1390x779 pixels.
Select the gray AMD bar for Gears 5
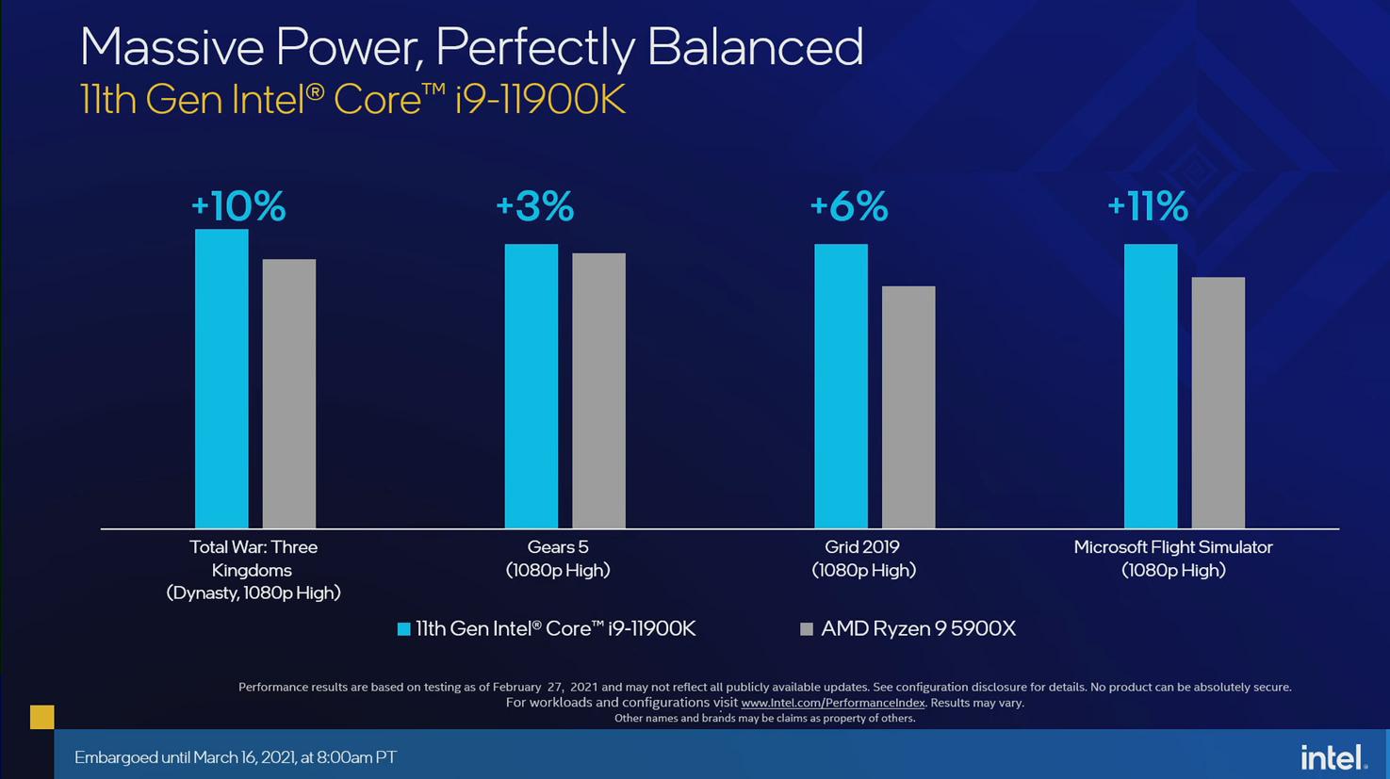pyautogui.click(x=598, y=391)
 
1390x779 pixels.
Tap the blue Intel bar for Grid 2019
pyautogui.click(x=841, y=386)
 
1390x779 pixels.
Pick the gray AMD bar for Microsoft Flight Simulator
pyautogui.click(x=1218, y=402)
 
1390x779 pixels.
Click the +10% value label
pyautogui.click(x=238, y=206)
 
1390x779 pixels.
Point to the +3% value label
pyautogui.click(x=534, y=206)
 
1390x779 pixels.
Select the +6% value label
pyautogui.click(x=848, y=206)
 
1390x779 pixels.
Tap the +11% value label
pyautogui.click(x=1147, y=206)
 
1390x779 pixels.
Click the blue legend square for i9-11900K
pyautogui.click(x=404, y=629)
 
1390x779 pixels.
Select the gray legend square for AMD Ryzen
pyautogui.click(x=807, y=629)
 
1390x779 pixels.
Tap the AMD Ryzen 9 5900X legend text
pyautogui.click(x=918, y=629)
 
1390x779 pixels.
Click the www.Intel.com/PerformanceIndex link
pyautogui.click(x=833, y=703)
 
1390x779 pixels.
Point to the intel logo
pyautogui.click(x=1333, y=756)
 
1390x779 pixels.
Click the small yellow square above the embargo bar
pyautogui.click(x=42, y=717)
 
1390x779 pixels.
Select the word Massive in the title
pyautogui.click(x=170, y=47)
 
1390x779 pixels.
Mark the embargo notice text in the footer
pyautogui.click(x=236, y=757)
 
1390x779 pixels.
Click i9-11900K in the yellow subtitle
pyautogui.click(x=540, y=100)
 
